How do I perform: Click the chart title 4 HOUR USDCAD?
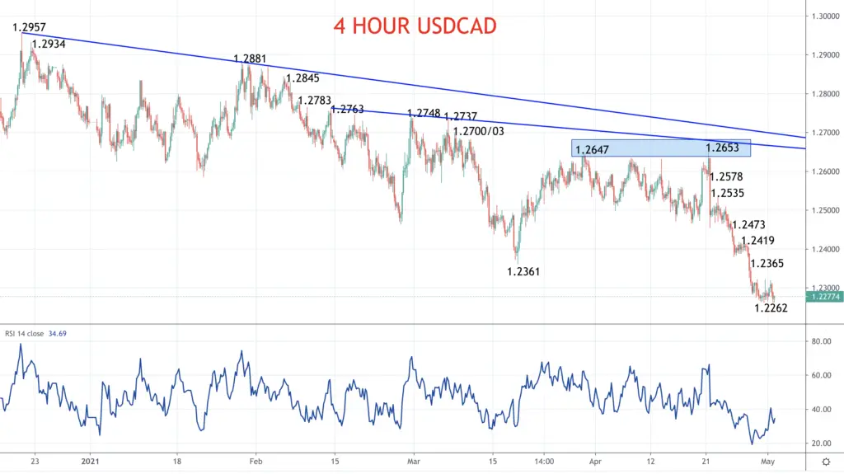click(x=415, y=26)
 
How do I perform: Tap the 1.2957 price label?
click(x=29, y=27)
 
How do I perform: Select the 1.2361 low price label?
click(x=523, y=271)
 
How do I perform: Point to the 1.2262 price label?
click(x=771, y=308)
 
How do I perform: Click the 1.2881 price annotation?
click(x=250, y=59)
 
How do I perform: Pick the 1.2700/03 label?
click(x=479, y=131)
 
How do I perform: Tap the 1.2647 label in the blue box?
click(x=592, y=150)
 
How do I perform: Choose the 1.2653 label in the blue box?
click(x=722, y=148)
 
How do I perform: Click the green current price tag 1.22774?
click(x=824, y=297)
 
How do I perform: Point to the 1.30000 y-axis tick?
click(x=826, y=16)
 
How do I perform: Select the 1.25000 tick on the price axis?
click(x=826, y=210)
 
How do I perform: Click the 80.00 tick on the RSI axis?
click(x=822, y=341)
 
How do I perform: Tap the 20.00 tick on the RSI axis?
click(x=822, y=443)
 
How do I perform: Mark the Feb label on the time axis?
click(x=256, y=462)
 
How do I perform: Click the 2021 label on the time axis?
click(x=91, y=462)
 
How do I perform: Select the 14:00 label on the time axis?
click(x=544, y=462)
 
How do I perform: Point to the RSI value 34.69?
click(x=58, y=334)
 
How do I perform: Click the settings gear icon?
click(x=826, y=462)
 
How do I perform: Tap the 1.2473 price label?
click(x=748, y=225)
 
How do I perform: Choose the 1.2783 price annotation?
click(x=314, y=101)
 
